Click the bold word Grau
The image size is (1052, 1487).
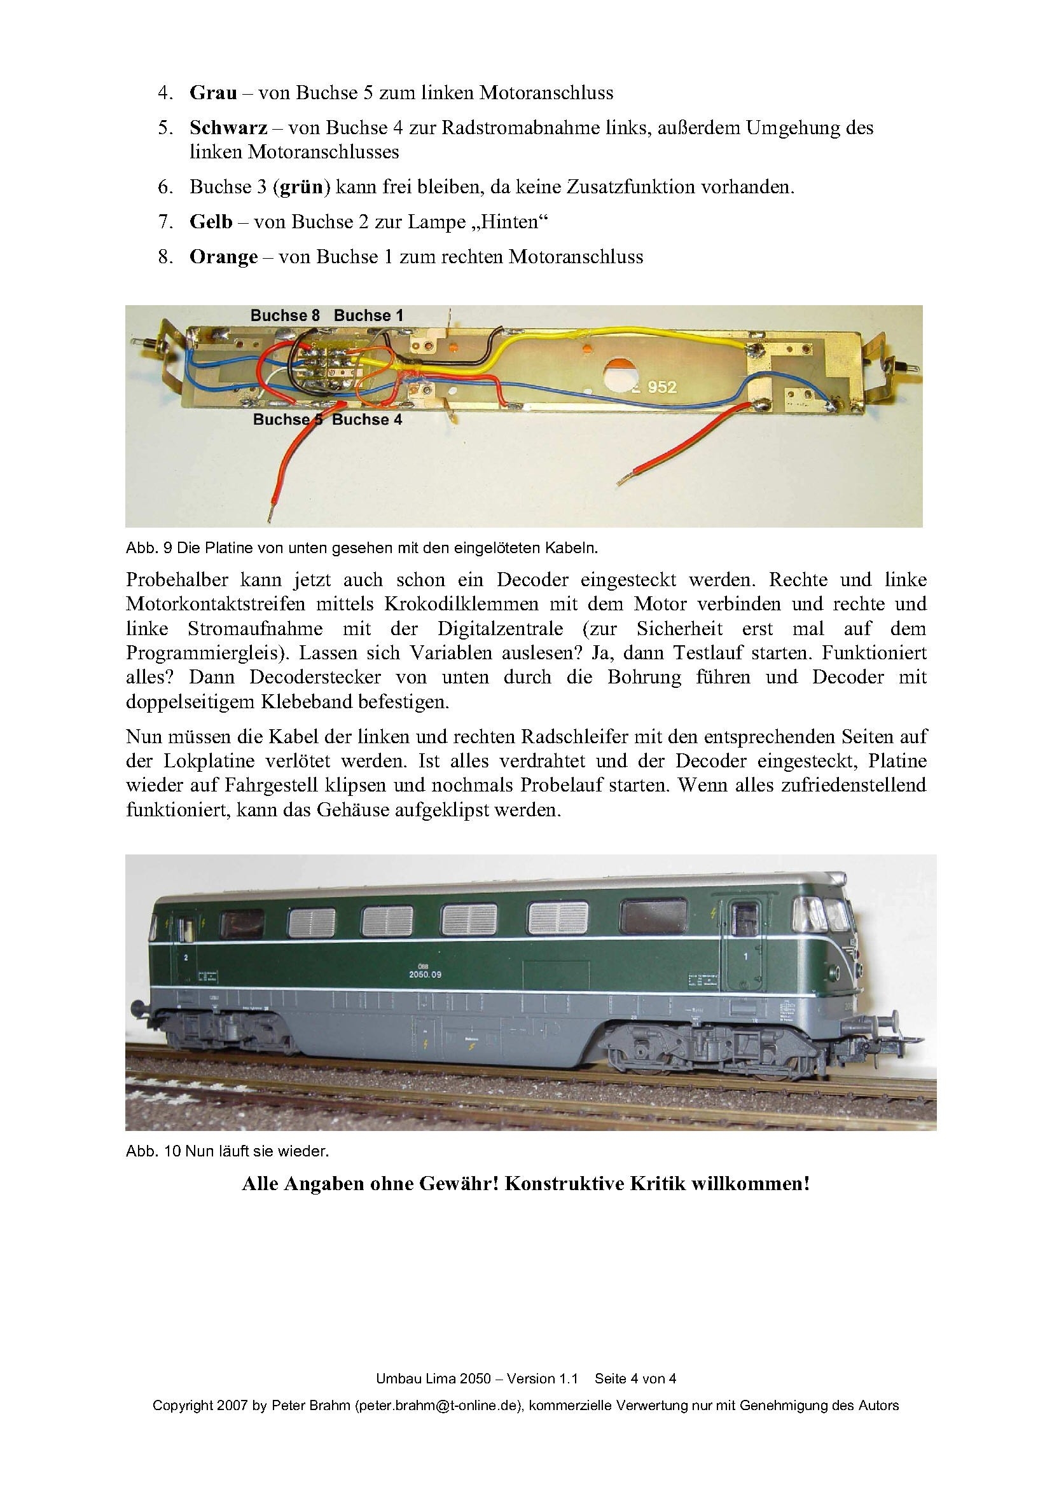click(212, 93)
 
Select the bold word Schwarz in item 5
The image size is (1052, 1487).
click(228, 128)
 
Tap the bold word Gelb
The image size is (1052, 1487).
click(211, 223)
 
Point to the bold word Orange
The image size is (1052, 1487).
click(223, 257)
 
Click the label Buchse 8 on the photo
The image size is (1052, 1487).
click(285, 316)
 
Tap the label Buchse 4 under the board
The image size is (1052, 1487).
click(366, 420)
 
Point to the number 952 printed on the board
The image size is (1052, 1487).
click(660, 388)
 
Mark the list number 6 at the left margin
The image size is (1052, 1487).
click(164, 188)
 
